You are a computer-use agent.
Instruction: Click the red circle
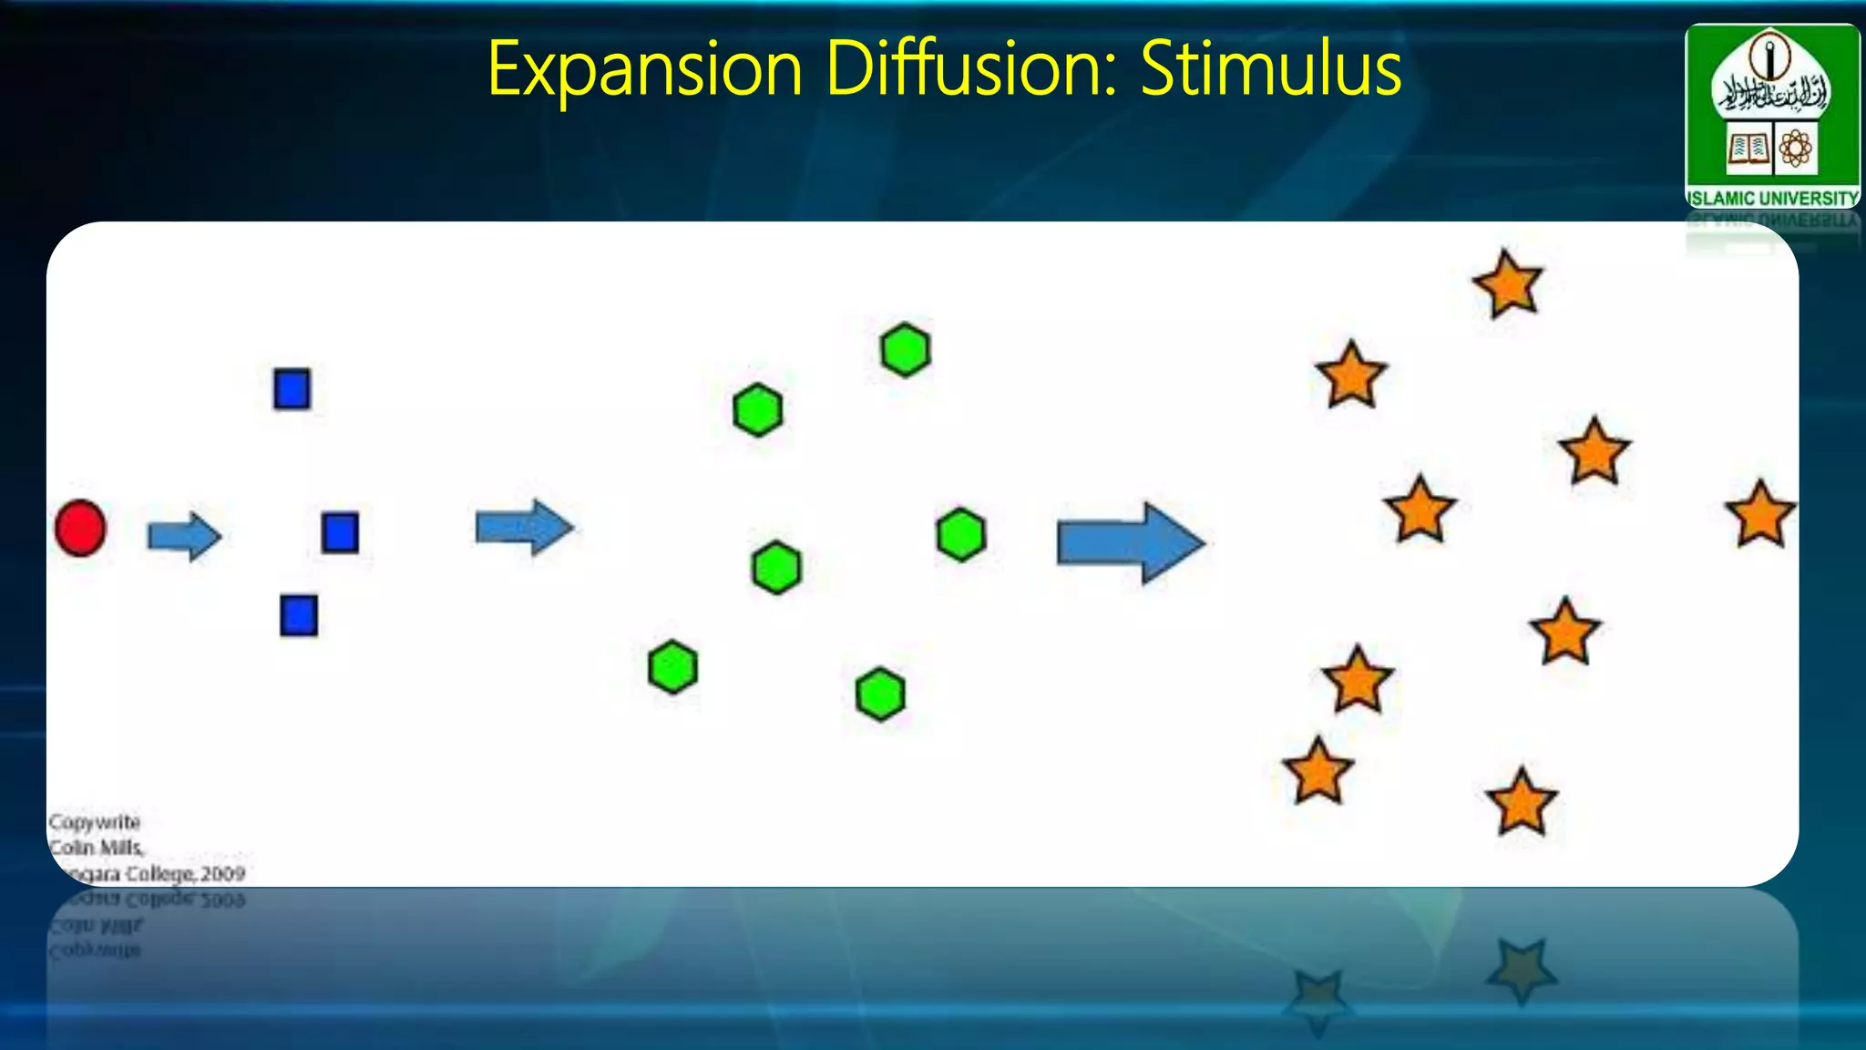80,528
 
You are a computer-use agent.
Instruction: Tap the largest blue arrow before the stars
1131,543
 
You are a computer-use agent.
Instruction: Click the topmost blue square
292,388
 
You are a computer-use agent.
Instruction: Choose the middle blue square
340,532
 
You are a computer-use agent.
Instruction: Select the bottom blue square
299,615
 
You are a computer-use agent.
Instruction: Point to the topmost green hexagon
906,350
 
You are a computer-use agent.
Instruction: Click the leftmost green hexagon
673,667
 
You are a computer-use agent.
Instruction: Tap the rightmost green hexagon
961,535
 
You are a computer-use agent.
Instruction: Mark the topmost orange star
1508,285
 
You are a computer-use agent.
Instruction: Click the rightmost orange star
1760,516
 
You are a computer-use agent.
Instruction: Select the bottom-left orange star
1317,772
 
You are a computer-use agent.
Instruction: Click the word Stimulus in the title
1270,69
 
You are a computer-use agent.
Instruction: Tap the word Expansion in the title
644,69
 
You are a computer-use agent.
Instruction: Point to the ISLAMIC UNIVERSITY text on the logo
1772,198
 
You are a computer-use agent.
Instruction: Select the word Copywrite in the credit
95,822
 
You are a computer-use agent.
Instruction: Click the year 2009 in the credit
223,874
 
